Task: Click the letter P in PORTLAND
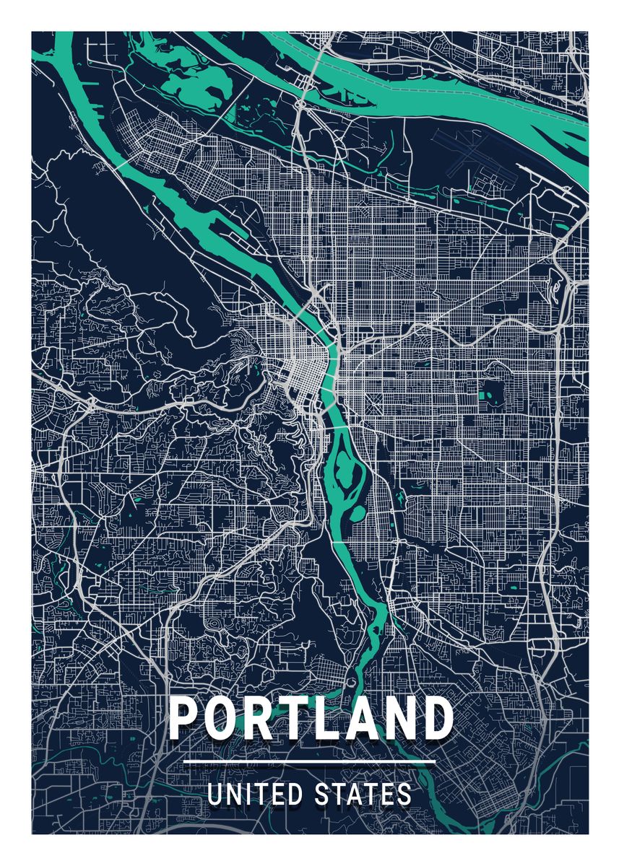point(186,719)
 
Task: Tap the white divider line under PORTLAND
point(309,762)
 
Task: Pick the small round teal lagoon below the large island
point(356,513)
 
